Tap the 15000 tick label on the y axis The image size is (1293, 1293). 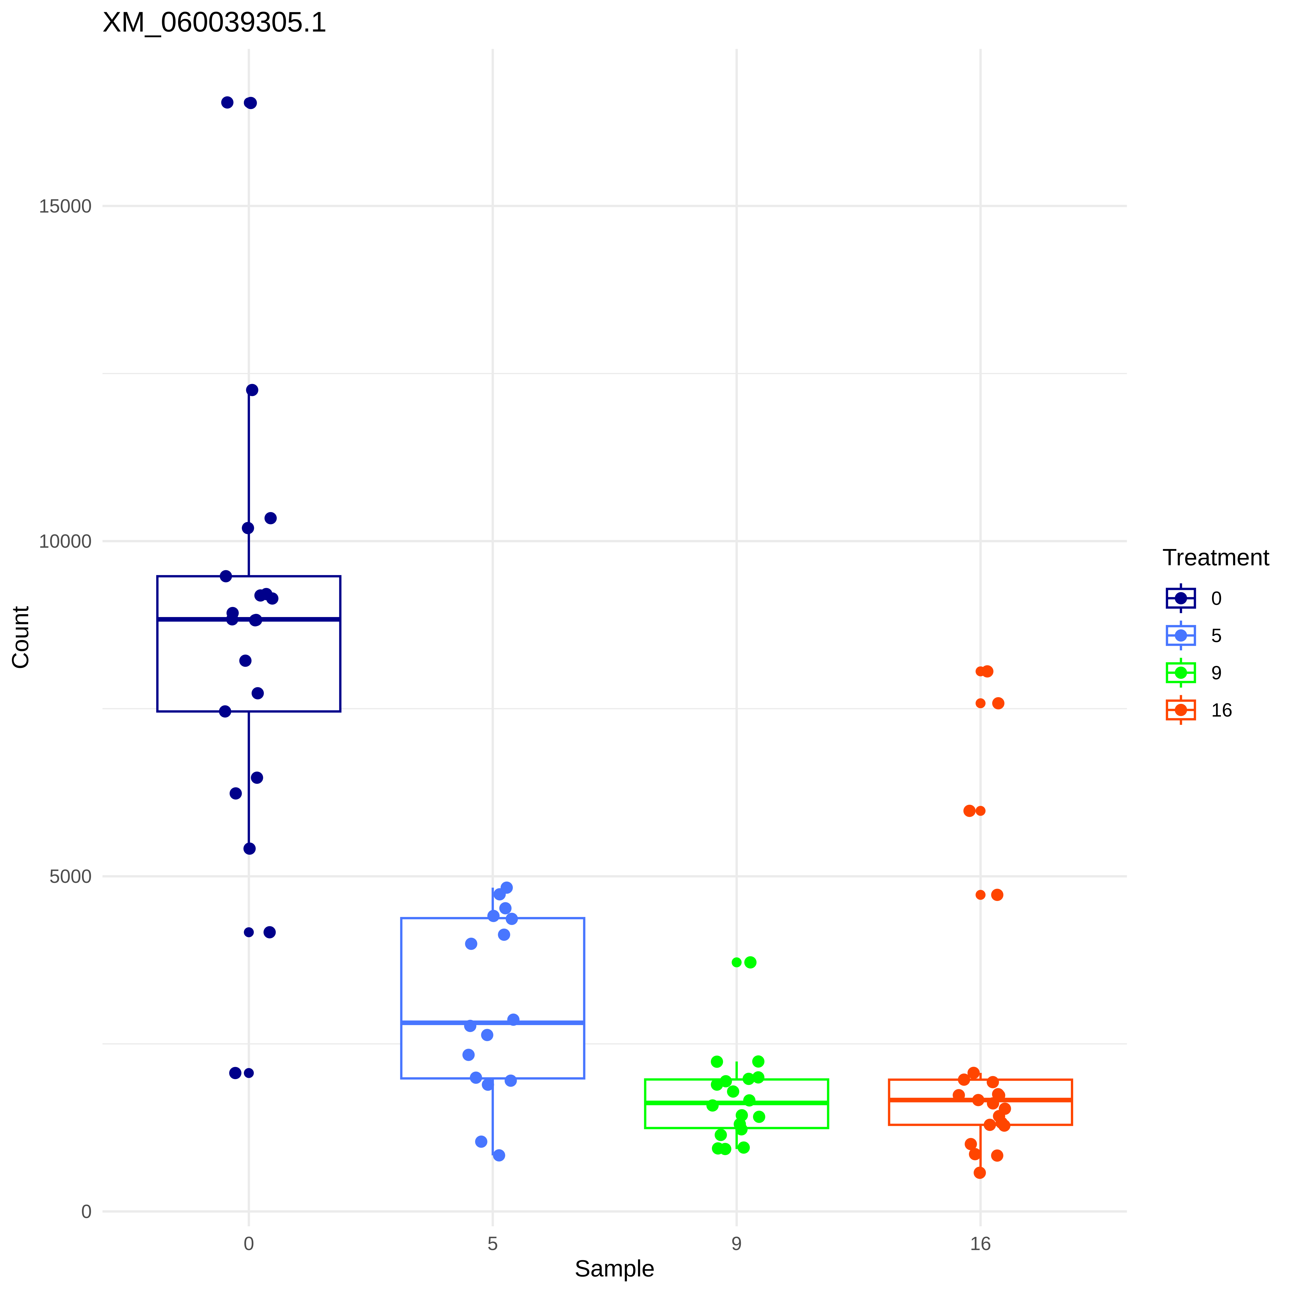coord(65,206)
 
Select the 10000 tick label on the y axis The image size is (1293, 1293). coord(65,542)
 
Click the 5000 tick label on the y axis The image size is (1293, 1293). coord(70,877)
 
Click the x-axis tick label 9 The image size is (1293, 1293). coord(736,1244)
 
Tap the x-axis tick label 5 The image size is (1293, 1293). coord(493,1244)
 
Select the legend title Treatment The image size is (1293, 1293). coord(1215,558)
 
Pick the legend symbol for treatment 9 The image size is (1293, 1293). coord(1181,673)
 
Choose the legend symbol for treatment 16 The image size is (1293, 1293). coord(1181,710)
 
